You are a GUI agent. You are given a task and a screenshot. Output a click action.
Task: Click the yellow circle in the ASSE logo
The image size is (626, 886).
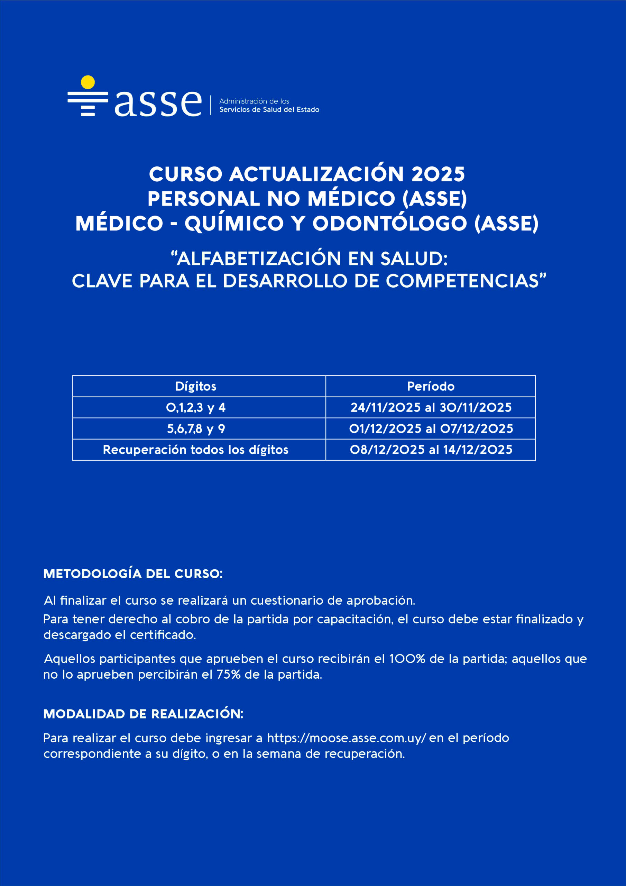pyautogui.click(x=88, y=82)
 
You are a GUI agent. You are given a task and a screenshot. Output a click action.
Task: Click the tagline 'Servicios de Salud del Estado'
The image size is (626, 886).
pyautogui.click(x=269, y=110)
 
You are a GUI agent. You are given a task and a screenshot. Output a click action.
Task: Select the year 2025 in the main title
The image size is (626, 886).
pyautogui.click(x=438, y=174)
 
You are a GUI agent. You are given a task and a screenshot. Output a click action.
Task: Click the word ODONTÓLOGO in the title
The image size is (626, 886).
pyautogui.click(x=389, y=224)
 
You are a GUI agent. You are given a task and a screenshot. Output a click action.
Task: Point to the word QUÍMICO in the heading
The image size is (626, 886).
pyautogui.click(x=234, y=224)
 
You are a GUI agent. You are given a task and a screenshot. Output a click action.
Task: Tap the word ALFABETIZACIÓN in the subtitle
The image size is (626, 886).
pyautogui.click(x=259, y=259)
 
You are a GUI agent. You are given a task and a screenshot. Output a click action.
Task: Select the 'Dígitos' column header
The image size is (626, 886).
pyautogui.click(x=195, y=386)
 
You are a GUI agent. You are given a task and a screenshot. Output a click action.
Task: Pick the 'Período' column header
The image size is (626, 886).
pyautogui.click(x=431, y=386)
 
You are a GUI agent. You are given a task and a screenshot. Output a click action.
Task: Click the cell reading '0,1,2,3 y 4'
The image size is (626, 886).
pyautogui.click(x=195, y=407)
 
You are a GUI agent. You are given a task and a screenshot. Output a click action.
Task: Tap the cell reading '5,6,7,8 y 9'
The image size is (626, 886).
pyautogui.click(x=195, y=429)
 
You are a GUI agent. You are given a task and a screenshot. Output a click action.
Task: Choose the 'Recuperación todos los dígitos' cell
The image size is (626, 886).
pyautogui.click(x=195, y=450)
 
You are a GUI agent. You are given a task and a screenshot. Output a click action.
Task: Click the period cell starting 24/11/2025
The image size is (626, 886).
pyautogui.click(x=431, y=407)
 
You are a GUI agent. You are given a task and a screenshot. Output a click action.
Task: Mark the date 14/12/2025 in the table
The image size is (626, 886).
pyautogui.click(x=478, y=450)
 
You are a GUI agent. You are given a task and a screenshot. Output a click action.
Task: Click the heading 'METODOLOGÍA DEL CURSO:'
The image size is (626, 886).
pyautogui.click(x=133, y=574)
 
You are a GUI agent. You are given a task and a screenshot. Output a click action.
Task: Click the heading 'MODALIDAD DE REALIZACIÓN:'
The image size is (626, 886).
pyautogui.click(x=144, y=714)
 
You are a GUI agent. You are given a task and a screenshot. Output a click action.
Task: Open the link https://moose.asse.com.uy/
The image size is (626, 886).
pyautogui.click(x=346, y=738)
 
